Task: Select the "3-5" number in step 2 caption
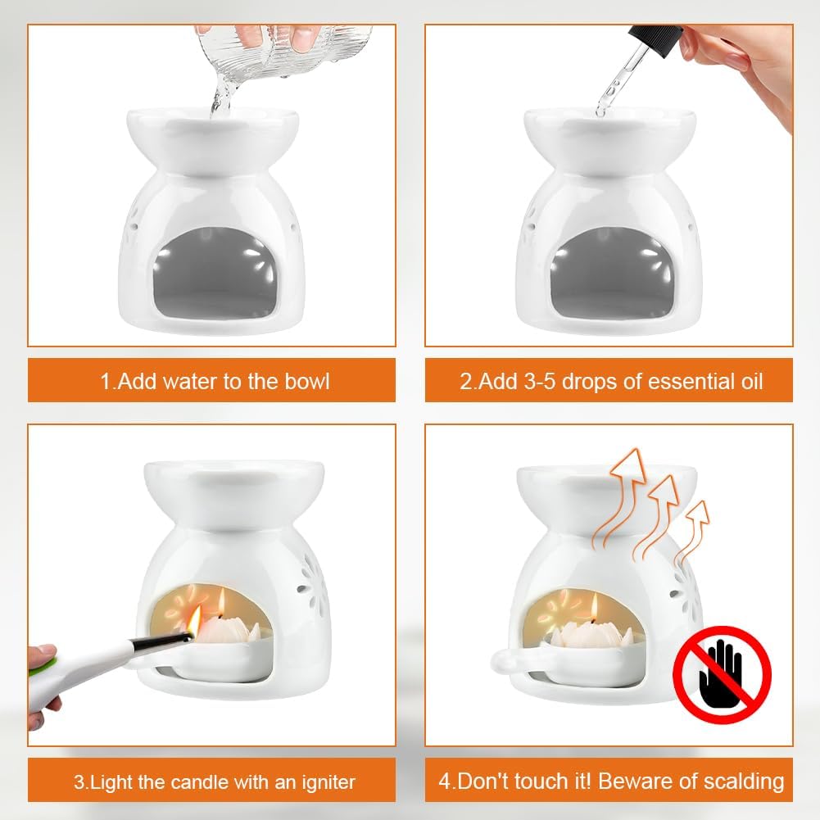coord(540,381)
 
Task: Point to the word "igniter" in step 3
coord(328,782)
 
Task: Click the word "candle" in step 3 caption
coord(201,782)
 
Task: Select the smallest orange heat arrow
coord(693,533)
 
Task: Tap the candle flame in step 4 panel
coord(594,608)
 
